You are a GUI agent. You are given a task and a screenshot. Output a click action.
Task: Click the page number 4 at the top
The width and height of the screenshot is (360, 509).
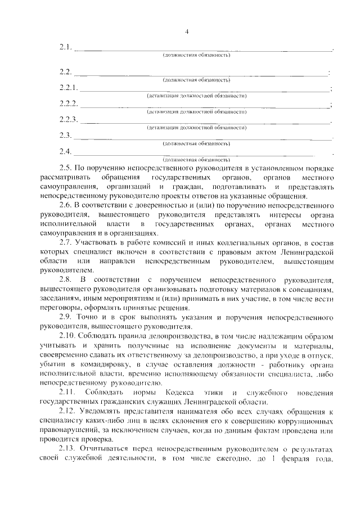click(x=186, y=31)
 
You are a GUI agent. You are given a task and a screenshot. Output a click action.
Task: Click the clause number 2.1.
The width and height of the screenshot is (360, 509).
click(x=65, y=47)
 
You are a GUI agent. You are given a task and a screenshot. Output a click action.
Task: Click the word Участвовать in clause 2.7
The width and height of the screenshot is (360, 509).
click(x=96, y=242)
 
